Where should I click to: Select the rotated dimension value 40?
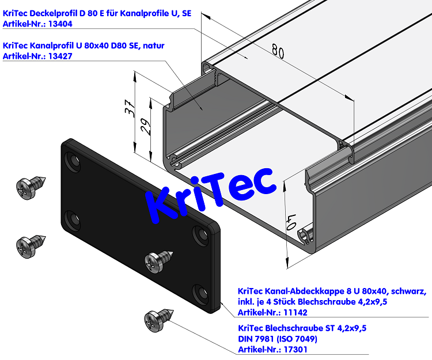[x=291, y=221]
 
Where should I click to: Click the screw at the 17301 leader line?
[x=157, y=320]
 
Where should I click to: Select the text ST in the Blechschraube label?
[x=324, y=328]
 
